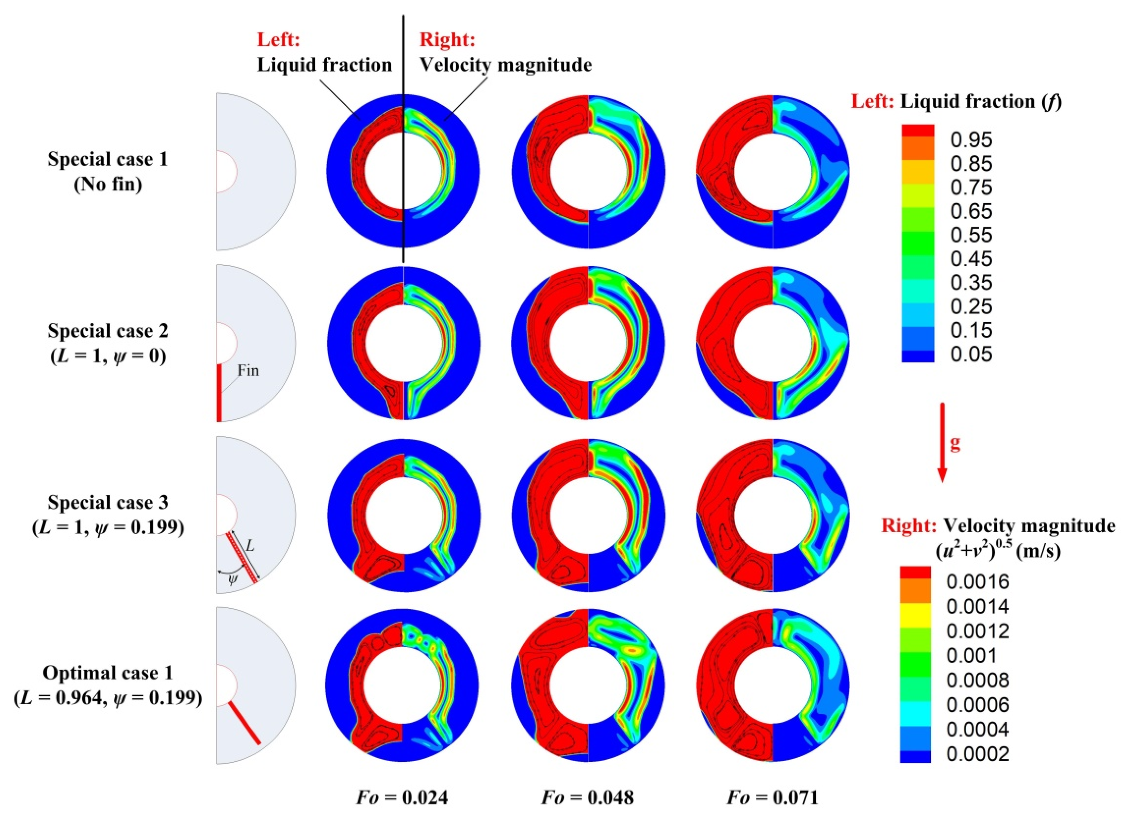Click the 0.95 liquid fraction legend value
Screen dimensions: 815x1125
coord(971,140)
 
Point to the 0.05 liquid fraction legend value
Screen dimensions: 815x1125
coord(971,354)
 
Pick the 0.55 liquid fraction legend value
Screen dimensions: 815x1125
coord(971,235)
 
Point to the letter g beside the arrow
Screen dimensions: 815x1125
coord(955,443)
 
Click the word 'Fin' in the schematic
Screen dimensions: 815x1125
coord(248,371)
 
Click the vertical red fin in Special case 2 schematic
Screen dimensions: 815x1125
coord(219,393)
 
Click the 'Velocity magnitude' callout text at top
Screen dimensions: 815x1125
coord(505,65)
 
